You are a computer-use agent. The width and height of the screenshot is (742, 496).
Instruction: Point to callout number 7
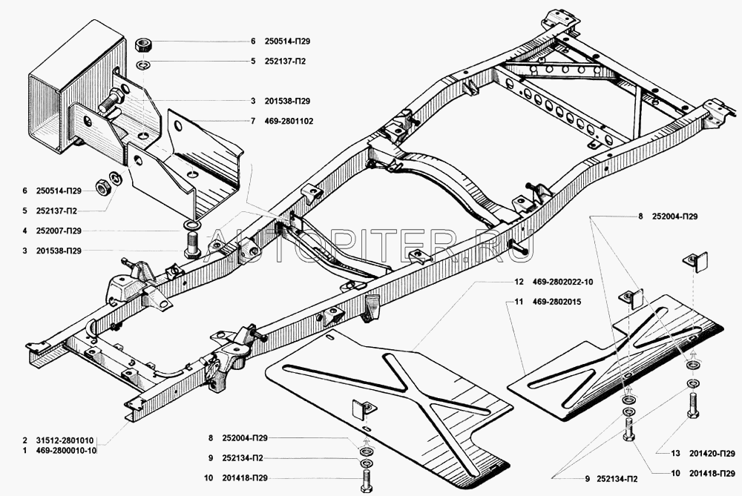[x=252, y=121]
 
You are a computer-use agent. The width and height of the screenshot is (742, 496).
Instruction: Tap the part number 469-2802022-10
[x=563, y=282]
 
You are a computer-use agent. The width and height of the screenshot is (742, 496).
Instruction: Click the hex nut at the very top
[x=144, y=42]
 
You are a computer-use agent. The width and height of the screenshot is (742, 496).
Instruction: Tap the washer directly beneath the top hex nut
[x=144, y=64]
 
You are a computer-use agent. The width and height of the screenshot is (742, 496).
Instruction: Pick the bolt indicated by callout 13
[x=693, y=405]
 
